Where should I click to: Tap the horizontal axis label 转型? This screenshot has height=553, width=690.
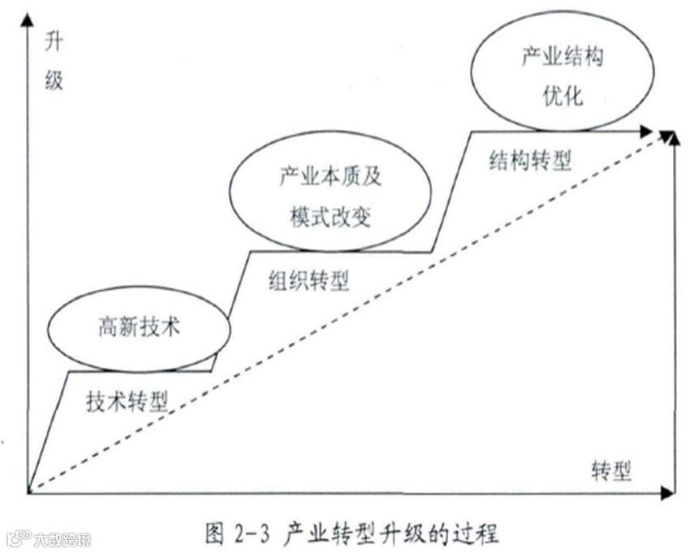(611, 469)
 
